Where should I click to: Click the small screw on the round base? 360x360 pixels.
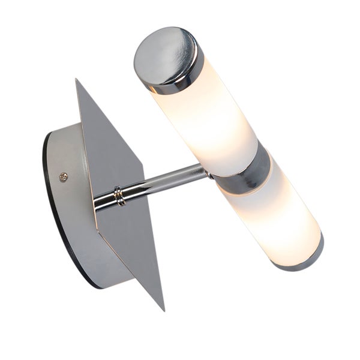64,176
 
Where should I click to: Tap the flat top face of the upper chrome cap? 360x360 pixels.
163,52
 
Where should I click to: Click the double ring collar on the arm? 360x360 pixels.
119,196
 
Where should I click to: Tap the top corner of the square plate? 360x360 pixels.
77,80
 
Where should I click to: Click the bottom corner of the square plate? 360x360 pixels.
163,308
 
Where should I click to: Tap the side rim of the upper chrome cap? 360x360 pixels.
174,84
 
